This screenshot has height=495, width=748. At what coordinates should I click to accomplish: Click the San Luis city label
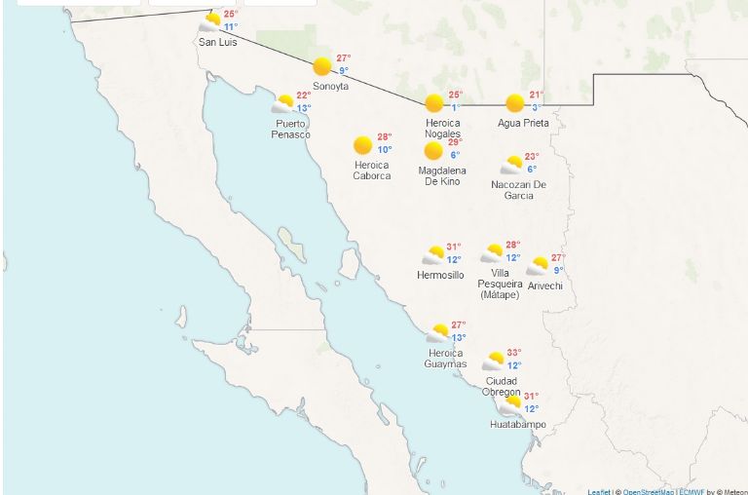pyautogui.click(x=217, y=42)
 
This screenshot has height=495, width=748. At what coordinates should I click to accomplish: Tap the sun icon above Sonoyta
pyautogui.click(x=322, y=66)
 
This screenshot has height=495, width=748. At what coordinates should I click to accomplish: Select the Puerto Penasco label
pyautogui.click(x=290, y=129)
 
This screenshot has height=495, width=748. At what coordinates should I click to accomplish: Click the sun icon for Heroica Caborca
pyautogui.click(x=363, y=145)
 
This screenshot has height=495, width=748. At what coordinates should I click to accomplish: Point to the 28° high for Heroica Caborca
pyautogui.click(x=384, y=137)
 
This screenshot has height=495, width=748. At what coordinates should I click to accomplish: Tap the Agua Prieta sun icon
pyautogui.click(x=515, y=102)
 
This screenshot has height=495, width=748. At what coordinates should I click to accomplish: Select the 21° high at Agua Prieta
pyautogui.click(x=536, y=95)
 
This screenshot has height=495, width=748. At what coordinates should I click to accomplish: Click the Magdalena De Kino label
pyautogui.click(x=442, y=175)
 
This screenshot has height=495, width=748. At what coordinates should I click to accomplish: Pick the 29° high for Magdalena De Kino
pyautogui.click(x=454, y=142)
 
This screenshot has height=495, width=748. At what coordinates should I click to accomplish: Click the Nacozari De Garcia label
pyautogui.click(x=519, y=189)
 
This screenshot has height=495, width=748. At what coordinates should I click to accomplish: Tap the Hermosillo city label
pyautogui.click(x=440, y=275)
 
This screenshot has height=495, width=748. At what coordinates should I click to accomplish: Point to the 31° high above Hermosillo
pyautogui.click(x=453, y=247)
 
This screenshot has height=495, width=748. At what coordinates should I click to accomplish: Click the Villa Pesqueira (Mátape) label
pyautogui.click(x=500, y=284)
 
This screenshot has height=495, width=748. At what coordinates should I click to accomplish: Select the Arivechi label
pyautogui.click(x=545, y=285)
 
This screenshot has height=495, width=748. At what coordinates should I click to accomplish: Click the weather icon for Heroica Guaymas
pyautogui.click(x=438, y=333)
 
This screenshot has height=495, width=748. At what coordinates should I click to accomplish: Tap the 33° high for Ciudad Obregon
pyautogui.click(x=513, y=353)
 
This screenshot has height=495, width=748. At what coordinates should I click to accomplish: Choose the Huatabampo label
pyautogui.click(x=517, y=425)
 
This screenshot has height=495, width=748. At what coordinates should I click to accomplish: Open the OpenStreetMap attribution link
pyautogui.click(x=649, y=491)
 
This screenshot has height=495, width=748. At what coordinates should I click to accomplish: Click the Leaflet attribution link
pyautogui.click(x=599, y=491)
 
